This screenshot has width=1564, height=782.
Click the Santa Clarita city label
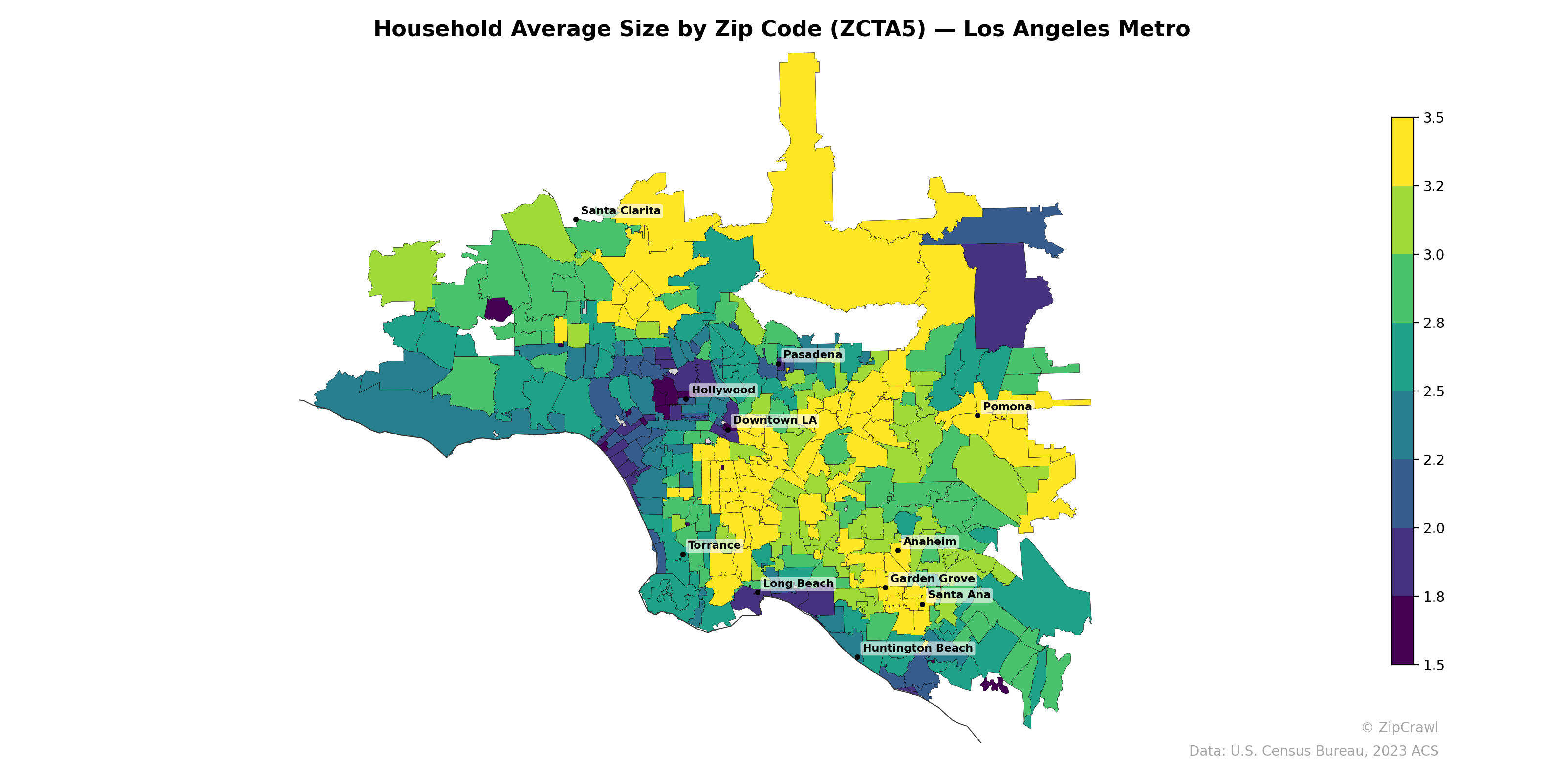pos(621,211)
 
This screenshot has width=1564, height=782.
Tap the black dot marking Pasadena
pos(779,364)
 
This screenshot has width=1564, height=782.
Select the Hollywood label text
pos(723,390)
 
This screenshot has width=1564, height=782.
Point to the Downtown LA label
pos(775,420)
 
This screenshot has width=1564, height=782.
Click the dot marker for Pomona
pos(977,416)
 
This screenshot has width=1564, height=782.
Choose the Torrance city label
pos(714,545)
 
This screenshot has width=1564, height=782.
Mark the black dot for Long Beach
pos(758,592)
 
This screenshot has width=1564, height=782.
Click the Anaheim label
pos(930,542)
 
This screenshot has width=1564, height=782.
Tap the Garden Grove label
pos(933,579)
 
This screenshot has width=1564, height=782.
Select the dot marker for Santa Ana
pos(922,604)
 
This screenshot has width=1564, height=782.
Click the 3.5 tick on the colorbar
pos(1434,118)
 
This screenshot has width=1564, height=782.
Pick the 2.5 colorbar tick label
pos(1434,391)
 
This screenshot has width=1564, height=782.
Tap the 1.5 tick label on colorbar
pos(1434,665)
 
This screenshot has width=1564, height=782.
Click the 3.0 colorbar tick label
pos(1434,255)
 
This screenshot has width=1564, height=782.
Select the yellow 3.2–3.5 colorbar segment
pos(1403,152)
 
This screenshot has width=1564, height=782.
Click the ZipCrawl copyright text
pos(1399,727)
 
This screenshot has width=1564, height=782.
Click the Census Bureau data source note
pos(1313,751)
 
